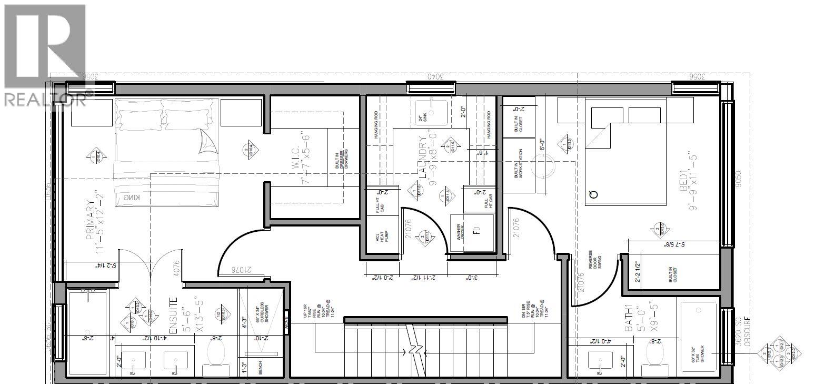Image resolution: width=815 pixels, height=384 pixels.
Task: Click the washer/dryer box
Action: pos(472,232)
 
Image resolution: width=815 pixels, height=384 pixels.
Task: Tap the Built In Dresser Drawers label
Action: pos(343,159)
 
